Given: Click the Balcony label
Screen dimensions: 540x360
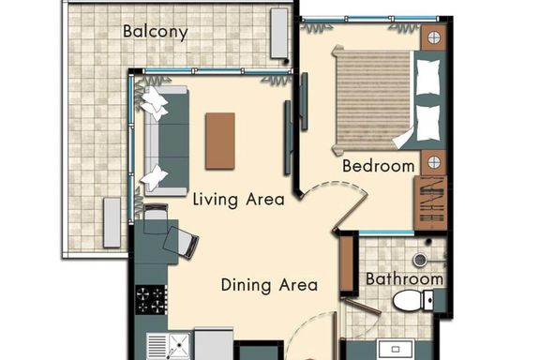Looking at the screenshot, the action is (x=156, y=32).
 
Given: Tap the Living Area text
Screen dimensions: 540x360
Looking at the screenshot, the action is (x=239, y=200).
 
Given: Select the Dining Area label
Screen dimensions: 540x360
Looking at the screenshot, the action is (x=269, y=285).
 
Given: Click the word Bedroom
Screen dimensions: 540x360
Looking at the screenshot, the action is (x=378, y=166).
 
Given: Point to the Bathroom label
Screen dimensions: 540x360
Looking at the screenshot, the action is (x=404, y=278).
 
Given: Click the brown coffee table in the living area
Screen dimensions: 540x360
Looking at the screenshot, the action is (x=220, y=141).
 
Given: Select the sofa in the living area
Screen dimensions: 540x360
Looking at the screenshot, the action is (x=166, y=141).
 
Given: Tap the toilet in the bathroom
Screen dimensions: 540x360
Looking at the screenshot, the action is (x=412, y=300).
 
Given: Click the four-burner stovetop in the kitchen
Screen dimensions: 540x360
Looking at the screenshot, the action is (x=151, y=300).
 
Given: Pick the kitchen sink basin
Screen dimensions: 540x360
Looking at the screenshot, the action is (x=178, y=345).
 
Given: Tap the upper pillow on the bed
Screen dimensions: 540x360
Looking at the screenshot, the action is (x=428, y=78).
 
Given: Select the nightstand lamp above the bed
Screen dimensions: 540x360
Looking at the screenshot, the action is (x=434, y=37).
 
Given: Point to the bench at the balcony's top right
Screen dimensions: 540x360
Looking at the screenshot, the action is (x=279, y=34).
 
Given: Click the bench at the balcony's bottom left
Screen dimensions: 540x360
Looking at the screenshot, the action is (x=112, y=222).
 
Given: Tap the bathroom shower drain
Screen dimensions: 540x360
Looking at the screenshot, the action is (x=420, y=260).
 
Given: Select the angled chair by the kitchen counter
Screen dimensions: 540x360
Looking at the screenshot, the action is (x=181, y=242).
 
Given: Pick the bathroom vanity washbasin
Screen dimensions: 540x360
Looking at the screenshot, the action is (x=396, y=350).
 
